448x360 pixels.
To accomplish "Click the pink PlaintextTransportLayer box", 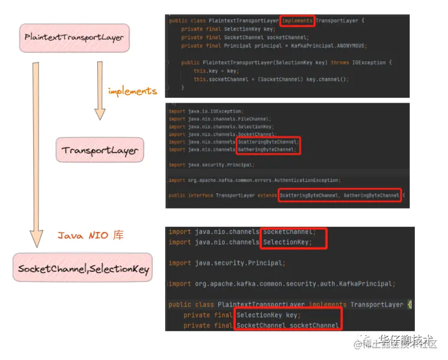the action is pyautogui.click(x=74, y=37).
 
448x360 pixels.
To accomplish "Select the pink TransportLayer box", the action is pyautogui.click(x=99, y=150).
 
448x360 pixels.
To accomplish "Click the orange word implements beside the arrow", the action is pyautogui.click(x=132, y=91).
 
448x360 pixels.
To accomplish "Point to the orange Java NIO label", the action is pyautogui.click(x=91, y=235).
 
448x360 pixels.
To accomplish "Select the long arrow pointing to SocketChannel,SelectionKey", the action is pyautogui.click(x=36, y=155).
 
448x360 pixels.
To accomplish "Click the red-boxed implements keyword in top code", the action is pyautogui.click(x=297, y=21).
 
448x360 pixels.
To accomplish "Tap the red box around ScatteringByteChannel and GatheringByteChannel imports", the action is pyautogui.click(x=268, y=145).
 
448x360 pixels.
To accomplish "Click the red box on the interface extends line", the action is pyautogui.click(x=340, y=195).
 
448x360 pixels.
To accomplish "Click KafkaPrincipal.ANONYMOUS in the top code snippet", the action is pyautogui.click(x=338, y=46).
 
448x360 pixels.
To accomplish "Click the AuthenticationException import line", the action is pyautogui.click(x=254, y=180).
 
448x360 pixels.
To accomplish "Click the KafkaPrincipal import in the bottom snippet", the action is pyautogui.click(x=282, y=284).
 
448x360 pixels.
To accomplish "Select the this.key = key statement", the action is pyautogui.click(x=215, y=71).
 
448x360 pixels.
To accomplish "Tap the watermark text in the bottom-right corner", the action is pyautogui.click(x=398, y=342).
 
